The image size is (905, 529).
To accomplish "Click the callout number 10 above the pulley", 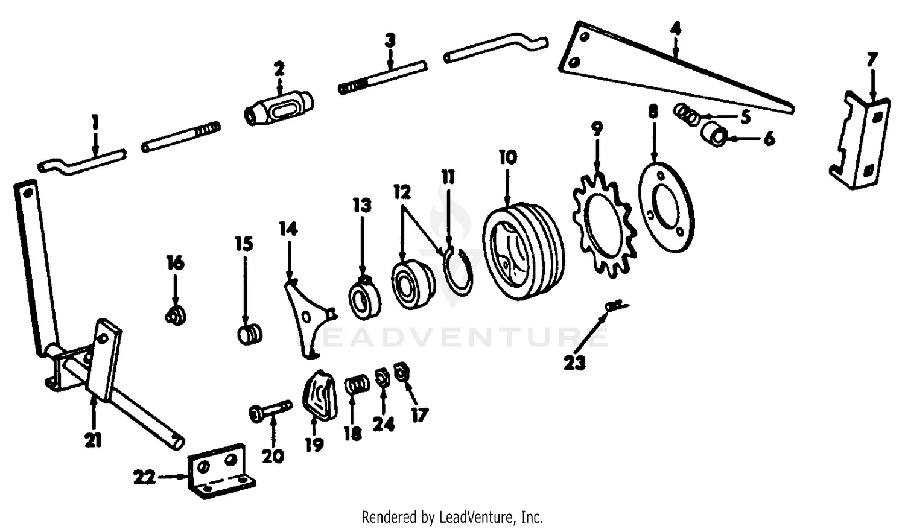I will [507, 157].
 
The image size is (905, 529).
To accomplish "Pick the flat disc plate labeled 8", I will [666, 206].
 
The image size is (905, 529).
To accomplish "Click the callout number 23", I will [574, 363].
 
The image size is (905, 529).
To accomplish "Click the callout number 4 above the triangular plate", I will [675, 28].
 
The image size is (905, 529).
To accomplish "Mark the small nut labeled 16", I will [175, 315].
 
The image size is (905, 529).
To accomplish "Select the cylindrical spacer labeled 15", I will [249, 334].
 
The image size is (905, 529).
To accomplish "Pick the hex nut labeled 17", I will [400, 372].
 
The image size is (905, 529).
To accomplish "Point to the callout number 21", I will [92, 441].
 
